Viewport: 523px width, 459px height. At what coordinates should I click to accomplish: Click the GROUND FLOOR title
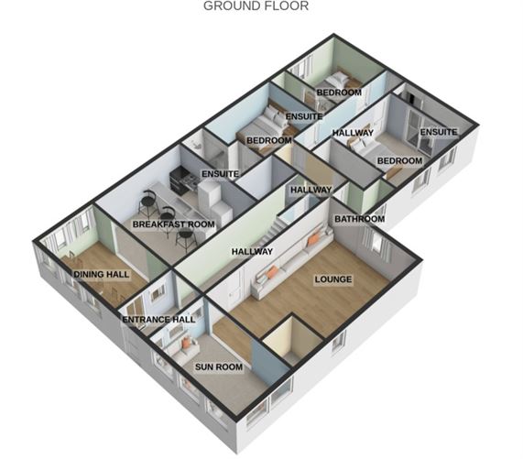(256, 5)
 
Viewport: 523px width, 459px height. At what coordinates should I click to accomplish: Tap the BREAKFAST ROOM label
(173, 224)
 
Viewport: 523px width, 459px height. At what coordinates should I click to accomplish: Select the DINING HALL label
(101, 274)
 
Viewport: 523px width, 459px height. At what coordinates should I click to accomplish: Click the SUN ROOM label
(218, 366)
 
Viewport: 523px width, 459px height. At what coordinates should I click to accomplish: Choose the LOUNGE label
(332, 279)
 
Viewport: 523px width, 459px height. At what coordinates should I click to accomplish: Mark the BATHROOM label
(358, 219)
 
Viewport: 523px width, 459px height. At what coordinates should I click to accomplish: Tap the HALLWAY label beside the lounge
(252, 250)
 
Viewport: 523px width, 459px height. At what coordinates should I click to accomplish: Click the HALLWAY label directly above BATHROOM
(311, 190)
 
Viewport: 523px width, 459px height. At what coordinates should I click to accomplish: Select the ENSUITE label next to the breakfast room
(220, 173)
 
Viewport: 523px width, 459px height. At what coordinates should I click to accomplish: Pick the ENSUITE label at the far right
(438, 132)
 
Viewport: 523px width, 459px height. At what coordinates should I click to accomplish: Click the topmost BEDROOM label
(339, 93)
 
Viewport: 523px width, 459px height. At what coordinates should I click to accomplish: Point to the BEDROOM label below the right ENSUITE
(399, 160)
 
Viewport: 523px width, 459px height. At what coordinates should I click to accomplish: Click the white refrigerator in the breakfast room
(211, 194)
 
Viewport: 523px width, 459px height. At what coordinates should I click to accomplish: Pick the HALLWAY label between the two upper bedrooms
(353, 133)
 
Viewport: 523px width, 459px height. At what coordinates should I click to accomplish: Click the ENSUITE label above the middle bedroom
(303, 116)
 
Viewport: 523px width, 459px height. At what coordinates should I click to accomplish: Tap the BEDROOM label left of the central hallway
(268, 140)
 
